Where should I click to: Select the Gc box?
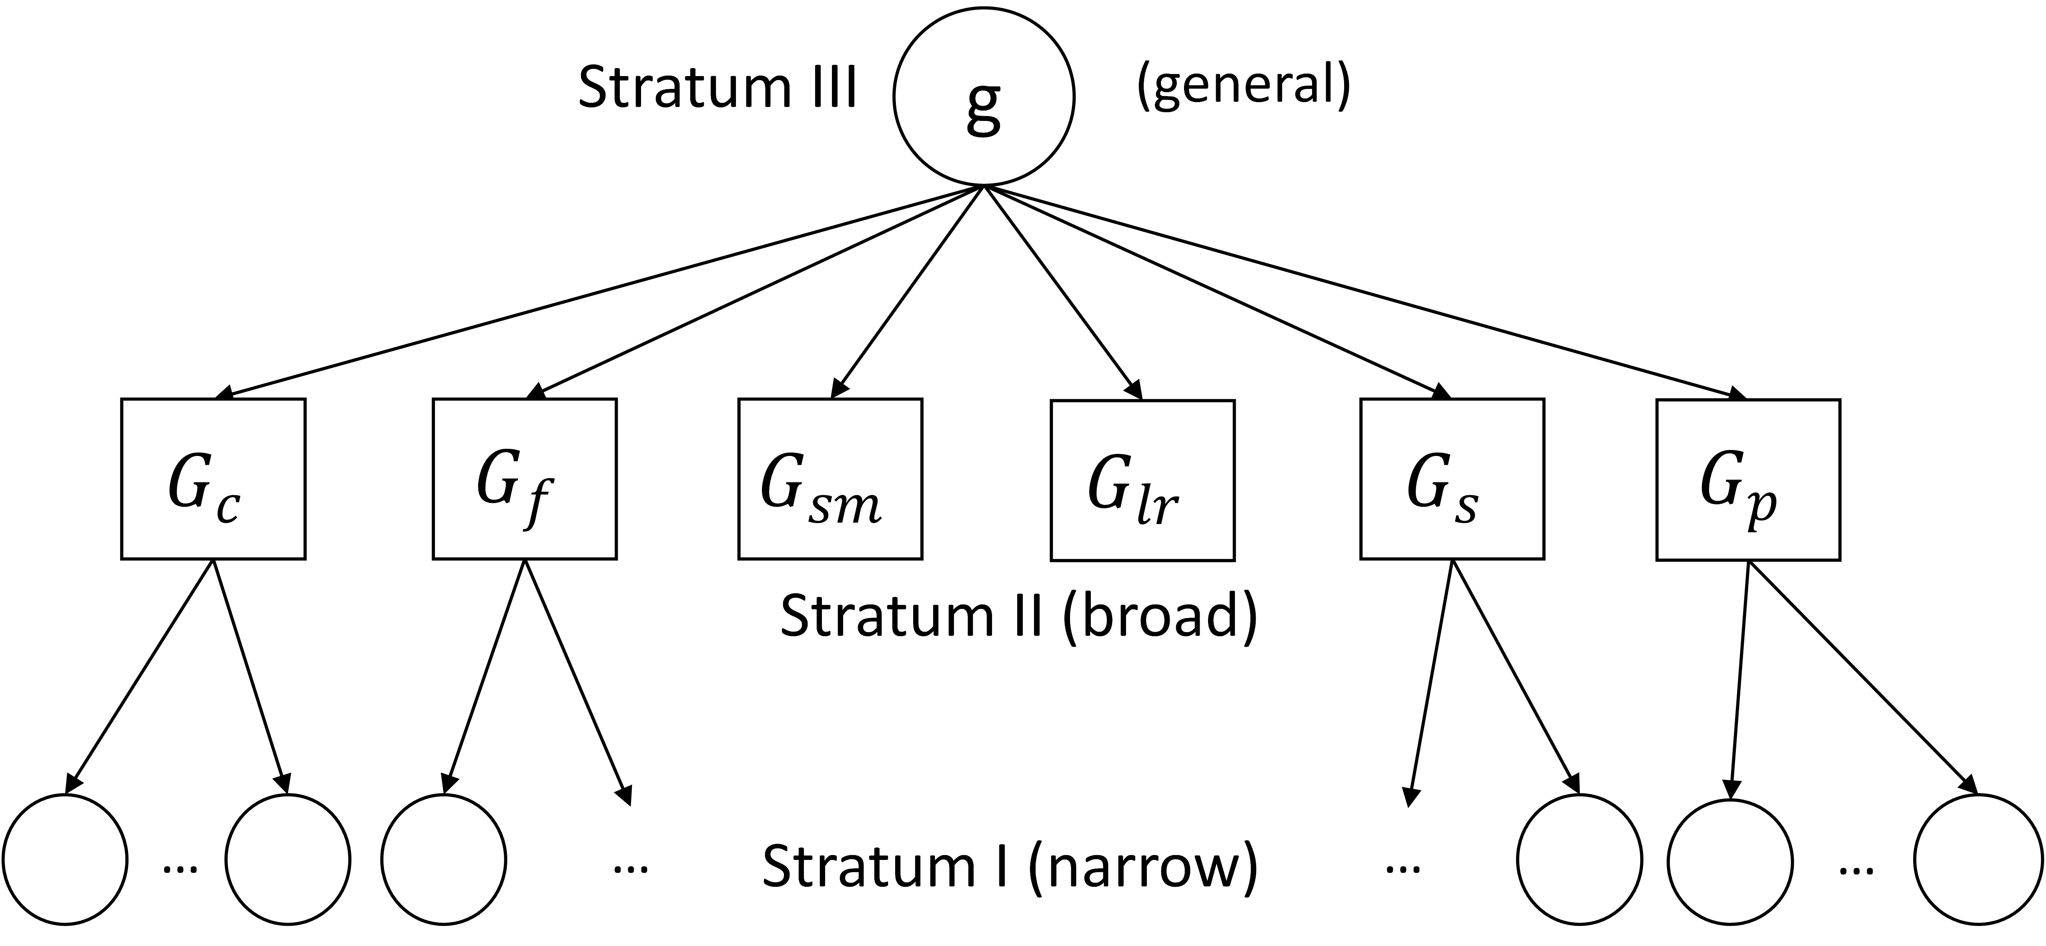[213, 479]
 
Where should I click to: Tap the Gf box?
[524, 479]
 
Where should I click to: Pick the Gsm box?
[830, 479]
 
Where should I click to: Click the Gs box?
[1452, 479]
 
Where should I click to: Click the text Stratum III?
[717, 87]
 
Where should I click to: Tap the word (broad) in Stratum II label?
[1160, 616]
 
